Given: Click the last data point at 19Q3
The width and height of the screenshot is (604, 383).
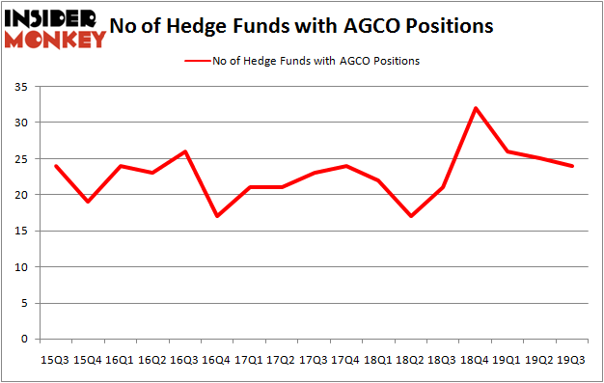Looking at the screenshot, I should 573,166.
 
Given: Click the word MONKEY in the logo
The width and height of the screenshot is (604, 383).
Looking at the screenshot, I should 58,41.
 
